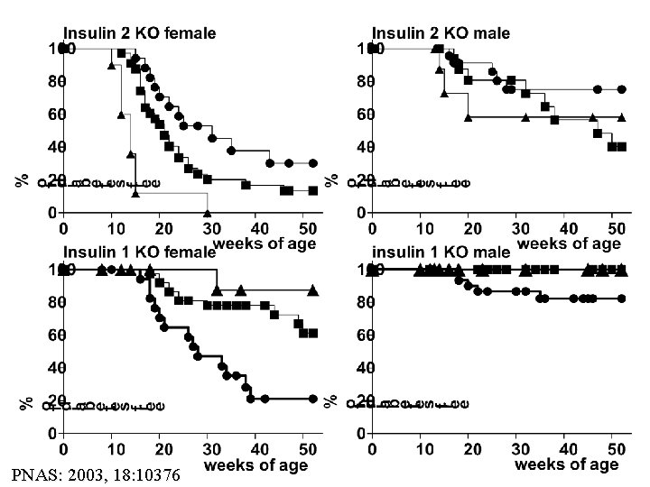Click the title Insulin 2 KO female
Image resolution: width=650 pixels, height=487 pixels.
click(x=139, y=33)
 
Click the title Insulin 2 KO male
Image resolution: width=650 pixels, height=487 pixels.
click(x=443, y=33)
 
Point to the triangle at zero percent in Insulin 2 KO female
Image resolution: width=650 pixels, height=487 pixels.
click(x=208, y=213)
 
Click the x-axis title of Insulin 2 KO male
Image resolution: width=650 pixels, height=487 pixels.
click(x=568, y=243)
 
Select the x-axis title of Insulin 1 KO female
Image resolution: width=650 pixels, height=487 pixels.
click(x=255, y=465)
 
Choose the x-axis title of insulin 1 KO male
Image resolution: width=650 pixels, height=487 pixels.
click(x=567, y=464)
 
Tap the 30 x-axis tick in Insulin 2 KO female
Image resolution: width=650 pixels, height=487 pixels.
click(x=209, y=229)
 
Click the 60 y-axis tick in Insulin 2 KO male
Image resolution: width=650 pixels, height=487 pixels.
click(x=367, y=115)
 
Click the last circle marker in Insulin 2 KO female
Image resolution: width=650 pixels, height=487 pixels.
click(x=312, y=163)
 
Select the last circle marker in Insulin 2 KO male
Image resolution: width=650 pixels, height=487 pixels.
click(x=622, y=89)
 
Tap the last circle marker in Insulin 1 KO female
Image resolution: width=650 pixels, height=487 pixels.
click(x=312, y=399)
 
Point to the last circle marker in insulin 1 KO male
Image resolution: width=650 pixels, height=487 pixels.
click(x=622, y=299)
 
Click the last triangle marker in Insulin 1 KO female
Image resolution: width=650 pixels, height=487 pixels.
click(x=312, y=290)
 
